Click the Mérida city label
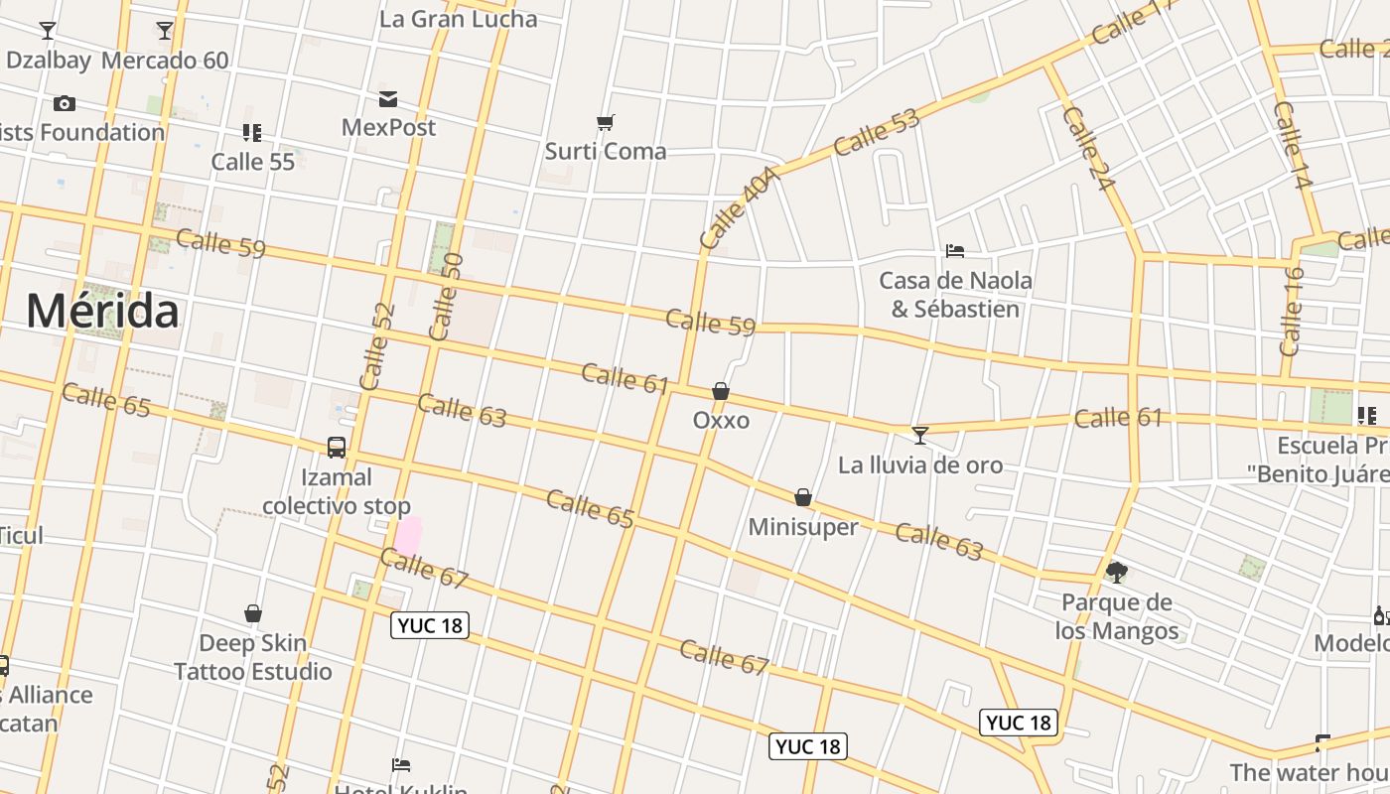click(x=102, y=311)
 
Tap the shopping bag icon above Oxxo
click(x=721, y=392)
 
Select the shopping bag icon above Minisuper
click(x=803, y=497)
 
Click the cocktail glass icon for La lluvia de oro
click(x=920, y=435)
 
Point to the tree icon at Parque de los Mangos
click(x=1117, y=572)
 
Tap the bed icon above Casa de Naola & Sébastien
click(x=955, y=251)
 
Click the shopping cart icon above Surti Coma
click(x=606, y=122)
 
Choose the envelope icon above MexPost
click(x=388, y=98)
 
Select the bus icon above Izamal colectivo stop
click(x=337, y=448)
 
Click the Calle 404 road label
click(x=738, y=207)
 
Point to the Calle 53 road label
click(x=877, y=133)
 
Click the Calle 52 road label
click(x=377, y=346)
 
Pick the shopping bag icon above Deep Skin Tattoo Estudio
click(x=253, y=614)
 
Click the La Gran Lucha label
click(x=459, y=19)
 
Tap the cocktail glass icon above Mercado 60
click(x=165, y=31)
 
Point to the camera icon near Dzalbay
click(x=65, y=103)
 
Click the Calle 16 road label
click(x=1292, y=312)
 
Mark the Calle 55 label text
click(x=253, y=162)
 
